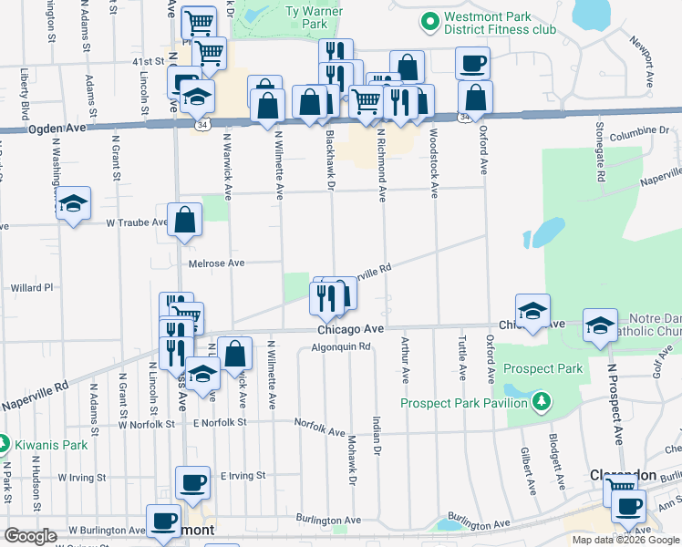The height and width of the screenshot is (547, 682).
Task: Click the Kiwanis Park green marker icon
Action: pos(5,446)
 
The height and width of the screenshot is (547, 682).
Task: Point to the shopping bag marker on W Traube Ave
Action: pos(184,220)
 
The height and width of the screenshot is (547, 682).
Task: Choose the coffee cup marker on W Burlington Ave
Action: pos(163,521)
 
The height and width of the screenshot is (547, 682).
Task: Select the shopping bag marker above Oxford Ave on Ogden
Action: pos(475,98)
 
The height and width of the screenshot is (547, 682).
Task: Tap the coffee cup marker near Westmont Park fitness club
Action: pos(472,64)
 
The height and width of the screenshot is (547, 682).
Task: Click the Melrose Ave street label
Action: pos(216,263)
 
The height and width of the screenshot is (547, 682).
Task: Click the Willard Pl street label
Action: pos(32,287)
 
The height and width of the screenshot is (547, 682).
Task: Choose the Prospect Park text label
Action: pos(545,369)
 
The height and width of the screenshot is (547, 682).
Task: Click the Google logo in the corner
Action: pos(30,536)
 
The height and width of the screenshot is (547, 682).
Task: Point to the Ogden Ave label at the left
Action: pos(57,129)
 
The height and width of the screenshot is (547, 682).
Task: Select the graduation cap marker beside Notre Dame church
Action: pos(600,325)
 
